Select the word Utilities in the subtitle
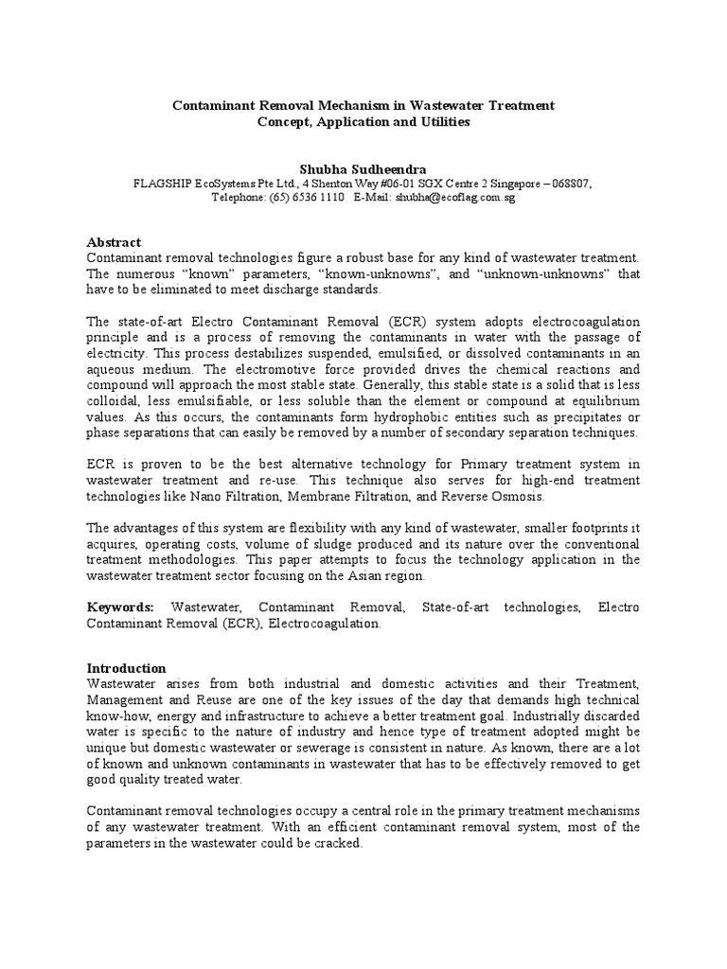(438, 122)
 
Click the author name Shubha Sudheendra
(363, 168)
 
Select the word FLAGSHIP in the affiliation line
(165, 184)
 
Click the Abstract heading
(114, 242)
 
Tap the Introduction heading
(126, 668)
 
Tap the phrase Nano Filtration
(219, 497)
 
